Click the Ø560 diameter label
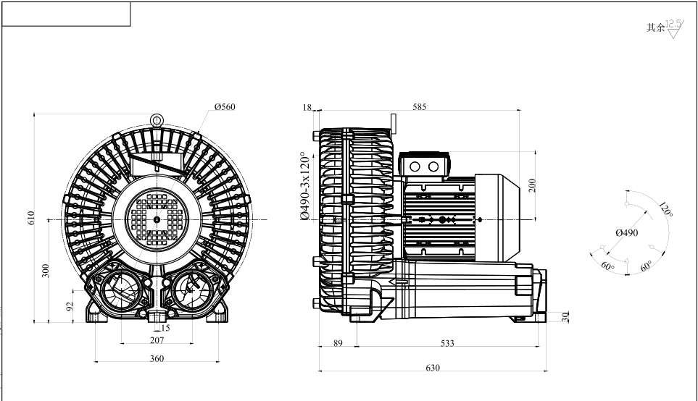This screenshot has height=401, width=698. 225,107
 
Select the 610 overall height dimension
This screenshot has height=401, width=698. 30,219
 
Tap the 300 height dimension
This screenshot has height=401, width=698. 45,271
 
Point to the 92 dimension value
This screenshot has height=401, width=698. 70,306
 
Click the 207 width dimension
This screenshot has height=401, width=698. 157,339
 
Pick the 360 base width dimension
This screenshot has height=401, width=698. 157,358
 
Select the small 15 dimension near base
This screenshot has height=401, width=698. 165,328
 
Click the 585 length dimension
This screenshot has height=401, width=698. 419,107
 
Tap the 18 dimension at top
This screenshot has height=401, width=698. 307,107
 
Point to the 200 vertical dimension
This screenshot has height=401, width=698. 531,185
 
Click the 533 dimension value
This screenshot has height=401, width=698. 447,343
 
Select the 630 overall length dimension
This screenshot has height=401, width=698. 432,368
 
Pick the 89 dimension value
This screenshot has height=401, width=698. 338,343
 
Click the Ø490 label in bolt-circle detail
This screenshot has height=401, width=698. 626,232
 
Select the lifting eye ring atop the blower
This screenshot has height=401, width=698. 157,120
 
